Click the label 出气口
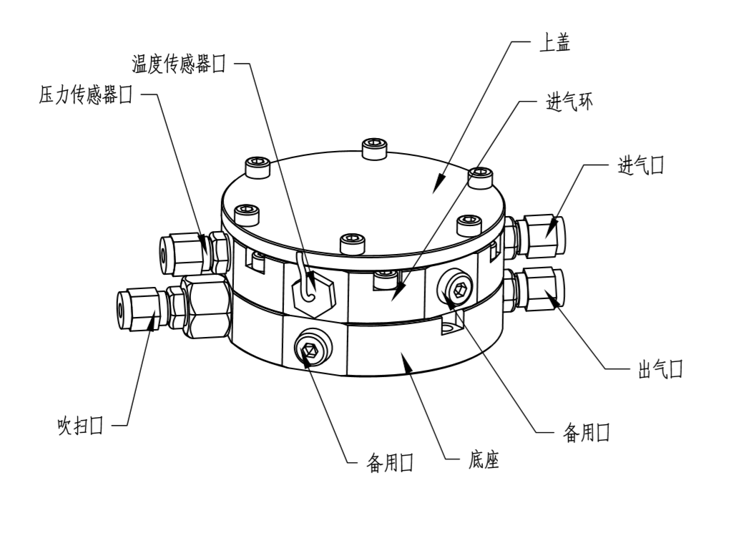659,370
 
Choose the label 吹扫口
80,427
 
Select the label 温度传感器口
179,64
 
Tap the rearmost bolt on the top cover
373,149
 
